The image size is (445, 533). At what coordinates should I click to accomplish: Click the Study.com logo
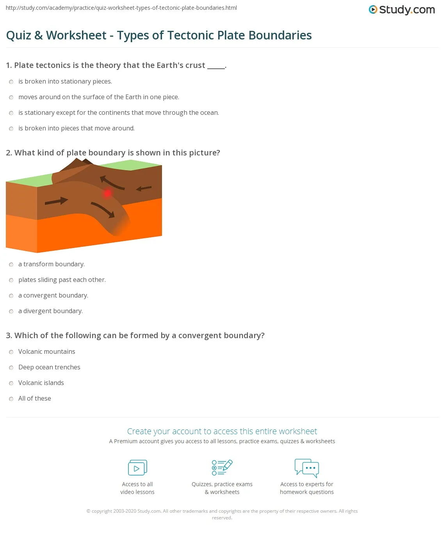[402, 10]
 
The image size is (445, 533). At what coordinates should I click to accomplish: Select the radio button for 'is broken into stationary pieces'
[11, 82]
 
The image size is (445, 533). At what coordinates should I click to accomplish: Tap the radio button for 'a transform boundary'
[11, 264]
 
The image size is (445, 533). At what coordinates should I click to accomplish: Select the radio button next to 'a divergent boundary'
[11, 311]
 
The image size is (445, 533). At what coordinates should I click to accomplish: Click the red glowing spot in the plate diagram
[107, 193]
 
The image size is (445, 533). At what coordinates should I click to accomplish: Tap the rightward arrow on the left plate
[56, 201]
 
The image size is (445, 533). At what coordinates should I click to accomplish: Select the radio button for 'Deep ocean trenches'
[11, 367]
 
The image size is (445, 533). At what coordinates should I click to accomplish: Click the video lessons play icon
[137, 467]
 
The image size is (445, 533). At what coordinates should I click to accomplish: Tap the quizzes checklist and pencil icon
[222, 467]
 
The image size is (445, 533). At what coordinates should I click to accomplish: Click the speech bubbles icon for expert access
[307, 468]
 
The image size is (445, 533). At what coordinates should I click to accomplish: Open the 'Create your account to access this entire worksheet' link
[222, 431]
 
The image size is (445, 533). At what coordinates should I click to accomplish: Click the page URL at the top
[121, 8]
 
